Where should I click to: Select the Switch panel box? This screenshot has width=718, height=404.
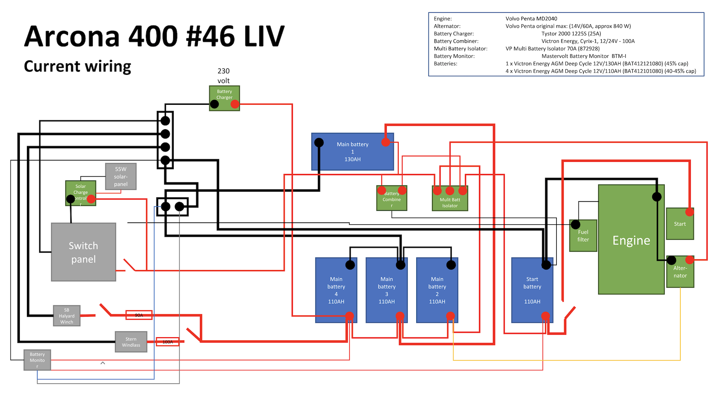(83, 252)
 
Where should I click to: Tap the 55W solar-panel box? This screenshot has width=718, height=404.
(121, 176)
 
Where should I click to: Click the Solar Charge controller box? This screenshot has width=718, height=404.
(80, 192)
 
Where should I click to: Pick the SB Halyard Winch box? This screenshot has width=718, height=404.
(67, 316)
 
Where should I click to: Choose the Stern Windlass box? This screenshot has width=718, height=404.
(131, 342)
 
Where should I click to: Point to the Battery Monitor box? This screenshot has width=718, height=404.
(37, 360)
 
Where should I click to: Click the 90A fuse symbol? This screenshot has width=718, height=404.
(139, 315)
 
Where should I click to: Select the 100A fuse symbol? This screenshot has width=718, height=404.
(168, 341)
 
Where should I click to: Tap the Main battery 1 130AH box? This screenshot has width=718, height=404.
(352, 152)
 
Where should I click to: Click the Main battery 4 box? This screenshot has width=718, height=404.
(336, 290)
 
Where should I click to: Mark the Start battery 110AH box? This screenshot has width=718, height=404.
(532, 290)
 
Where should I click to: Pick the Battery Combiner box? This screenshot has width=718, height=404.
(392, 198)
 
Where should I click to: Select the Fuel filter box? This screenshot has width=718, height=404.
(583, 236)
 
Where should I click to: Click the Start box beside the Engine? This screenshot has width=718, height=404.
(680, 224)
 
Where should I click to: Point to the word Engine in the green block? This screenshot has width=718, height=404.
(631, 240)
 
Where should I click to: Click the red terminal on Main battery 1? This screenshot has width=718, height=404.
(386, 142)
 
